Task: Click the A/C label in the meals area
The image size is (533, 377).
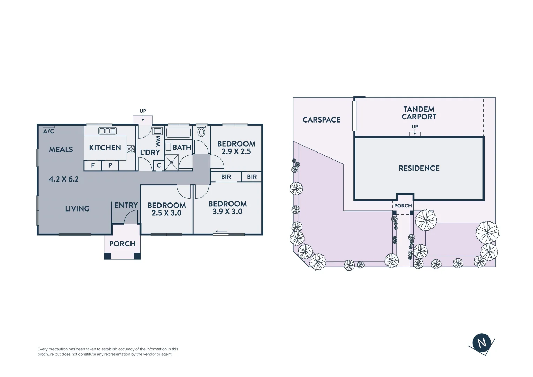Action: [49, 131]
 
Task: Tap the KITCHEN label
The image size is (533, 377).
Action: [105, 148]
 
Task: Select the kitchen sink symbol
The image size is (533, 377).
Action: [107, 131]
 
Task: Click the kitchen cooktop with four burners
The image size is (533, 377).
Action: [131, 149]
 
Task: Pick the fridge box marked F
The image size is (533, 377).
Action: [93, 165]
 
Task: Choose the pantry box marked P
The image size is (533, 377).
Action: [110, 165]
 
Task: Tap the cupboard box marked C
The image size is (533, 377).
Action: [159, 165]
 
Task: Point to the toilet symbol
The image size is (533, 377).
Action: [201, 132]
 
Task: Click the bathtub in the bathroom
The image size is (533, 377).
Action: [179, 133]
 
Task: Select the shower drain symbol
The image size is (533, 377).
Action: [171, 163]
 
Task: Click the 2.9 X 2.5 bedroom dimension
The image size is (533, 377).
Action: [236, 152]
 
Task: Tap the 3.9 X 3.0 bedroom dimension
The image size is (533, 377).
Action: [227, 212]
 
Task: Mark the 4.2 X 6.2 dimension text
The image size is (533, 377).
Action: [64, 179]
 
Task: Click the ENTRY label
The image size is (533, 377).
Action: [126, 205]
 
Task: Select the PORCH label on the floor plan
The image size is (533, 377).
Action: [122, 244]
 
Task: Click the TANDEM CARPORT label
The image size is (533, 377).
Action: [419, 113]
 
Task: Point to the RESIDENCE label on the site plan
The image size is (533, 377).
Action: [419, 168]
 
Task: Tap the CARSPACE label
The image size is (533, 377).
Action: [321, 120]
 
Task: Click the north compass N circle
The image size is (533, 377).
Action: [482, 342]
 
